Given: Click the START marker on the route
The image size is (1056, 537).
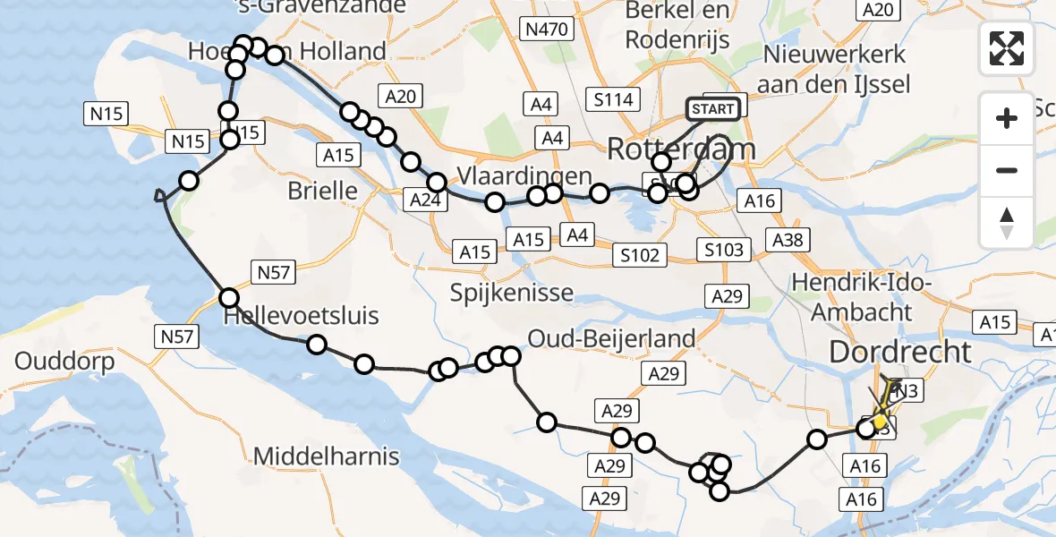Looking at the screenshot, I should pyautogui.click(x=713, y=109).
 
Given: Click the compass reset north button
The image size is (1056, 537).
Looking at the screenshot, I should pyautogui.click(x=1007, y=223).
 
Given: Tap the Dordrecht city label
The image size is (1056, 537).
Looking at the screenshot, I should pyautogui.click(x=900, y=351).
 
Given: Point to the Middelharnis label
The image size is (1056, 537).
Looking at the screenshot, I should pyautogui.click(x=326, y=456).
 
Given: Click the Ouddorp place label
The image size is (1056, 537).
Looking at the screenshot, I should pyautogui.click(x=64, y=362).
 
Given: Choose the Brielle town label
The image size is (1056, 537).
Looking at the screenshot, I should pyautogui.click(x=322, y=190).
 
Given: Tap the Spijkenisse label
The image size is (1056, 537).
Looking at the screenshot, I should pyautogui.click(x=513, y=293).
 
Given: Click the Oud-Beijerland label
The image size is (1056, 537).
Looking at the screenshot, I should pyautogui.click(x=611, y=338).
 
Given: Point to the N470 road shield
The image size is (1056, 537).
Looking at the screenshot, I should pyautogui.click(x=546, y=30).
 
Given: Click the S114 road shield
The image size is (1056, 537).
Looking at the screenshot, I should pyautogui.click(x=614, y=99).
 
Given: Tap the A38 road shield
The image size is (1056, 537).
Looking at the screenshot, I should pyautogui.click(x=787, y=240).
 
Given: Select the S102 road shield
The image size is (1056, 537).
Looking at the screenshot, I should pyautogui.click(x=641, y=255).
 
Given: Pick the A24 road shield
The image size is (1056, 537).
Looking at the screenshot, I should pyautogui.click(x=424, y=200).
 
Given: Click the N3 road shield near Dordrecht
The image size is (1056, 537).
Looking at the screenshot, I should pyautogui.click(x=907, y=390).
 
